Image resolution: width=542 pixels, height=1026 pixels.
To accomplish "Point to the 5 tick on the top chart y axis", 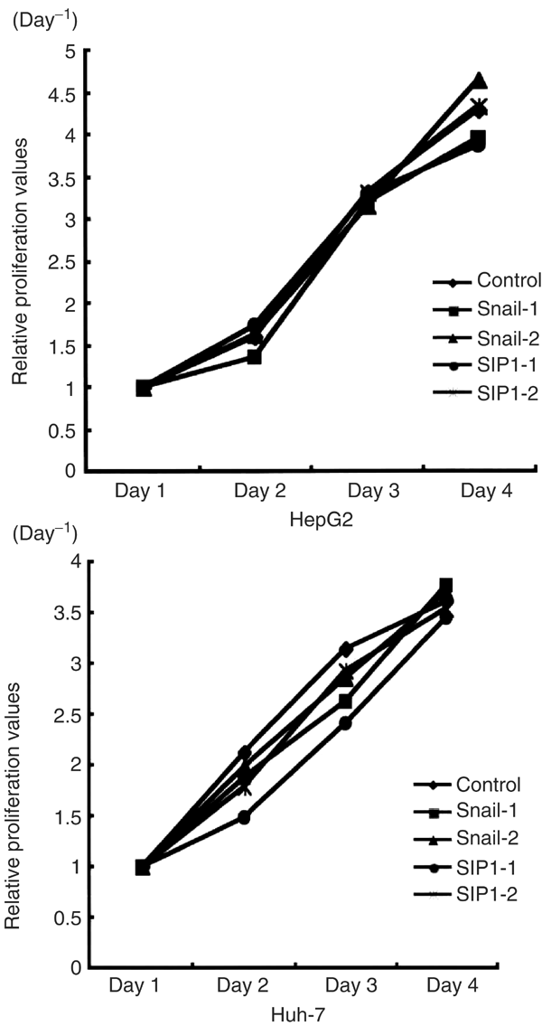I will pyautogui.click(x=67, y=51).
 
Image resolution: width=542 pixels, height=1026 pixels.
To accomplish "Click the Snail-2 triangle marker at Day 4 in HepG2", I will pyautogui.click(x=480, y=80).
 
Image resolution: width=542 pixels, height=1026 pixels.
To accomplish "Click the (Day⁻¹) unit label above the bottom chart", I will pyautogui.click(x=42, y=531).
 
